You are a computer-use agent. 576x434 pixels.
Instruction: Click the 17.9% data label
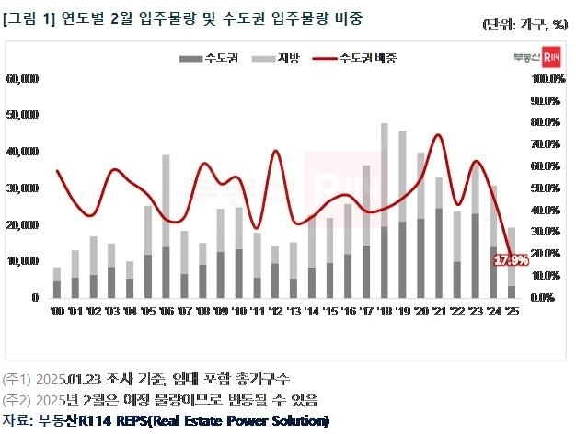[x=511, y=260]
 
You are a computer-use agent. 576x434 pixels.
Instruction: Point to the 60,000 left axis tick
[x=22, y=79]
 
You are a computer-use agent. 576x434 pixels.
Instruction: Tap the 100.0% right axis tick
[x=547, y=79]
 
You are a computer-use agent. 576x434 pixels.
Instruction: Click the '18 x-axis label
[x=384, y=313]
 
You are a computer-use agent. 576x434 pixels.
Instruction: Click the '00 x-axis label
[x=57, y=313]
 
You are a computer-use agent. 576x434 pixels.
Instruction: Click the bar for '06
[x=166, y=226]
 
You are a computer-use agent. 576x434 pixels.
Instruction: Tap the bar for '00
[x=57, y=282]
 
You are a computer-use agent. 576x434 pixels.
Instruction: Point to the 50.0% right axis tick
[x=547, y=188]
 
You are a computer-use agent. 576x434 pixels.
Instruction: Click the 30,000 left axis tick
[x=22, y=188]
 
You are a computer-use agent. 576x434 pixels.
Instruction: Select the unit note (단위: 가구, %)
[x=523, y=25]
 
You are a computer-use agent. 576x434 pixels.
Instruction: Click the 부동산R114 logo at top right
[x=537, y=58]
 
